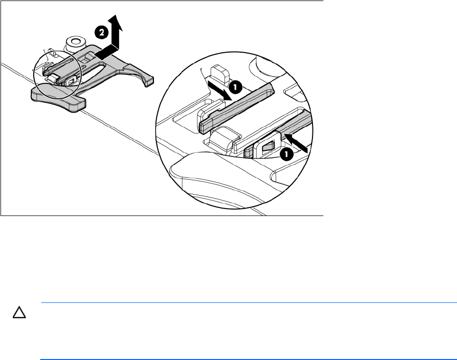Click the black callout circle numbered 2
click(101, 33)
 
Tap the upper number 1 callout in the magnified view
click(235, 87)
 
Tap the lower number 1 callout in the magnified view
click(287, 154)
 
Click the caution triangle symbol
click(19, 312)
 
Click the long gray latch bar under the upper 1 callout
click(236, 108)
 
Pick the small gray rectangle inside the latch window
click(268, 146)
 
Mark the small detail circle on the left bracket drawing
click(57, 74)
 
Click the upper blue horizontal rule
click(249, 302)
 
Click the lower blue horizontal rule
click(248, 360)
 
